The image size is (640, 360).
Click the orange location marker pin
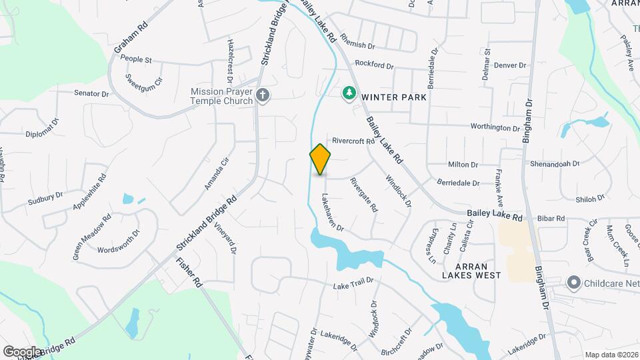pos(321,159)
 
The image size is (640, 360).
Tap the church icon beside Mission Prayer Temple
pos(263,95)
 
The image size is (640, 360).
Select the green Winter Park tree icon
pos(348,93)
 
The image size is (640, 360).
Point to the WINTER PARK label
pos(394,97)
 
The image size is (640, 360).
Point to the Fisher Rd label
pos(189,269)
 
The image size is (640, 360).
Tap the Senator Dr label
pos(91,93)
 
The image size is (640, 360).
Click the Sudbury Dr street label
pos(45,199)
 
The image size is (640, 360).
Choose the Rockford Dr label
pos(375,65)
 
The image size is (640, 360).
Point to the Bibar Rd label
pos(551,218)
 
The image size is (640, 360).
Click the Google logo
pos(22,351)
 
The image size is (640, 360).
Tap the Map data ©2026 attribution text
pos(611,354)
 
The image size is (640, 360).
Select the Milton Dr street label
pos(463,165)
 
